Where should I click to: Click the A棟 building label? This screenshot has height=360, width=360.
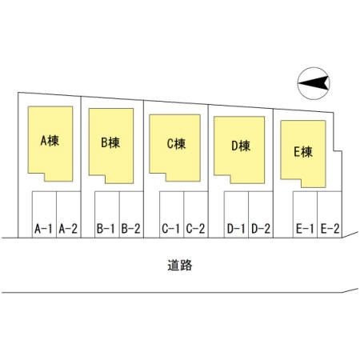[50, 141]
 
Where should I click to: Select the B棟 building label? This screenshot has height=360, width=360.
[110, 142]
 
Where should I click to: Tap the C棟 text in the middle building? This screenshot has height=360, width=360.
[176, 144]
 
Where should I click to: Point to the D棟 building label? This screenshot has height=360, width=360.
[241, 146]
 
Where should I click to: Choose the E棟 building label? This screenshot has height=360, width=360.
[303, 152]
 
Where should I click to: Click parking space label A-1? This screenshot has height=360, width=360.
[43, 229]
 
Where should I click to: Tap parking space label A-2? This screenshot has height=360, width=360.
[68, 229]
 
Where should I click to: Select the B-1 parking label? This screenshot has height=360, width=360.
[106, 229]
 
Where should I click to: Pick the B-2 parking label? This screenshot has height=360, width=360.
[130, 229]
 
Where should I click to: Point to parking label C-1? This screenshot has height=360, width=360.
[170, 229]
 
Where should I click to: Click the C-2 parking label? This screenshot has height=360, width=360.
[195, 229]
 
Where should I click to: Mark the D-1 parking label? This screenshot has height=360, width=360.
[236, 229]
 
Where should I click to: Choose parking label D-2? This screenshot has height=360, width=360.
[261, 229]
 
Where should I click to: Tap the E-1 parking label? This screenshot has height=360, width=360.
[305, 229]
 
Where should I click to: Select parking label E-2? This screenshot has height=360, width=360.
[330, 229]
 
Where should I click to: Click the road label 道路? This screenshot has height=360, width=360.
[180, 266]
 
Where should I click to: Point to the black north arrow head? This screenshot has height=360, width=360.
[314, 83]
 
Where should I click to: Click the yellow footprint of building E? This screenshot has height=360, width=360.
[303, 154]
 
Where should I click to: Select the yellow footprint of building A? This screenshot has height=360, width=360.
[50, 144]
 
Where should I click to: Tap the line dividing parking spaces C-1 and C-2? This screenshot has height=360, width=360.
[184, 214]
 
